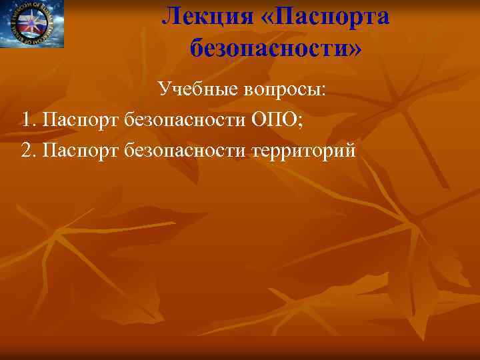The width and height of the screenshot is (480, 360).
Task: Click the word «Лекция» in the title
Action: point(205,15)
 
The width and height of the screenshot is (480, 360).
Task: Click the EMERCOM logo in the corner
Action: point(32,24)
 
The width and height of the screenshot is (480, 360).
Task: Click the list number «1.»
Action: point(28,120)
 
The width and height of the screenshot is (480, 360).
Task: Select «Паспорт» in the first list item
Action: point(81,120)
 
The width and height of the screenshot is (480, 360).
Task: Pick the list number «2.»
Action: point(28,151)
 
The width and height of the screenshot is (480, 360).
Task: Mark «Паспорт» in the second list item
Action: point(81,151)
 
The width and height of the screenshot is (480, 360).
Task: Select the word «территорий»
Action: point(304,151)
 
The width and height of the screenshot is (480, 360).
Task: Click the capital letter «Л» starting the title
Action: point(171,15)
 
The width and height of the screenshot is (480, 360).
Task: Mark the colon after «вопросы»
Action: point(324,92)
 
